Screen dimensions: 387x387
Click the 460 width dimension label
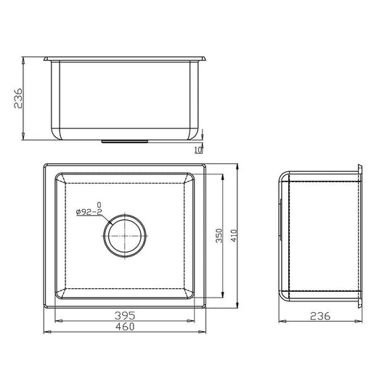[x=125, y=327]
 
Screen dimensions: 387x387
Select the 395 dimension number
[x=125, y=315]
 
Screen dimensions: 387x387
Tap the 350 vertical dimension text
[x=219, y=236]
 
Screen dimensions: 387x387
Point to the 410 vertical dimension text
[x=234, y=236]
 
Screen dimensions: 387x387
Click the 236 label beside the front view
[x=18, y=98]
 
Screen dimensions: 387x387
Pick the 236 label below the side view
[x=320, y=316]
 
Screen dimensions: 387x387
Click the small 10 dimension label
[x=198, y=150]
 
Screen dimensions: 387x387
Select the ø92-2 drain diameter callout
[x=89, y=212]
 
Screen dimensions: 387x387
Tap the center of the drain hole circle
[x=125, y=236]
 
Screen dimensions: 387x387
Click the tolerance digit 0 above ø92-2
[x=99, y=205]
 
